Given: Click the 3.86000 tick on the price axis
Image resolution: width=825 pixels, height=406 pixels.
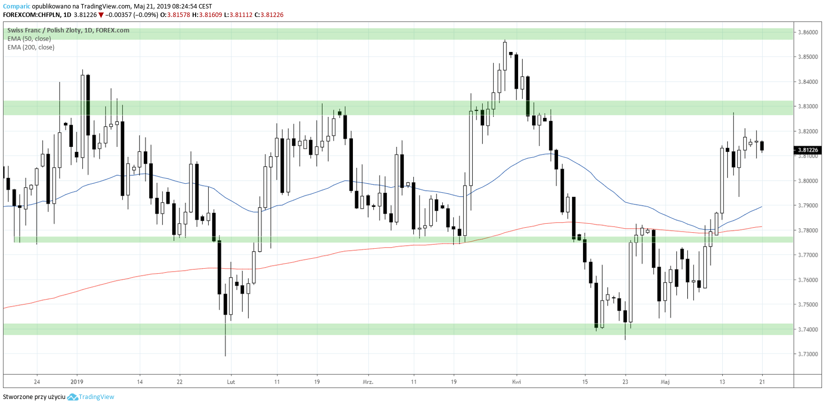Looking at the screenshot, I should (x=808, y=32).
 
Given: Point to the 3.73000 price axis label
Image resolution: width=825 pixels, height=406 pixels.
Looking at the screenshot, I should (x=808, y=354).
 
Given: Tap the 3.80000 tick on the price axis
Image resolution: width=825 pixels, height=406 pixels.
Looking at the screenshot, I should (x=808, y=181).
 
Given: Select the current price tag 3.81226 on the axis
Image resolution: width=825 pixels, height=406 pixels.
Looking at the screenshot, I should (x=808, y=150).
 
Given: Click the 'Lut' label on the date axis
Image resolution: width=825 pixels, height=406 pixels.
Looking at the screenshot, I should (x=231, y=382).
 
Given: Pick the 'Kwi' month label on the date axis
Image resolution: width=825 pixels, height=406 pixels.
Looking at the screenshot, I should (x=517, y=382).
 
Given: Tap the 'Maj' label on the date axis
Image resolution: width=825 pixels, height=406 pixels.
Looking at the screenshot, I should (x=665, y=382).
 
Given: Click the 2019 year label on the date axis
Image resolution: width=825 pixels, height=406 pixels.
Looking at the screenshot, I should (x=77, y=382).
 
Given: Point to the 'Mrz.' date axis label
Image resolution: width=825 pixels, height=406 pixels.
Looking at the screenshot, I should (x=368, y=382).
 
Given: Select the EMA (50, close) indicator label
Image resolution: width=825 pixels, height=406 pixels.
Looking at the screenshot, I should (x=29, y=39).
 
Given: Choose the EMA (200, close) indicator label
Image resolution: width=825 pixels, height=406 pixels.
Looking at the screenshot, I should (x=31, y=47).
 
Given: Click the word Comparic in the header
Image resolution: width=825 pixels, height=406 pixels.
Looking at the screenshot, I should (x=16, y=6).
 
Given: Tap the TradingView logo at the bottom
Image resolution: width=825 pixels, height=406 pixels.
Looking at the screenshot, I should (x=91, y=397).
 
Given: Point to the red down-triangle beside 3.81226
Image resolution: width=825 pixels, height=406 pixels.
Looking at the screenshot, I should (x=101, y=15).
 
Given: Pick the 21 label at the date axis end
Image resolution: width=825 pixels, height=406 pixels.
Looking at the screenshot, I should (x=762, y=382).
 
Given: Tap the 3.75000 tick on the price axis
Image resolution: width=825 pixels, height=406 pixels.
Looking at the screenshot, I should (x=808, y=305).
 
